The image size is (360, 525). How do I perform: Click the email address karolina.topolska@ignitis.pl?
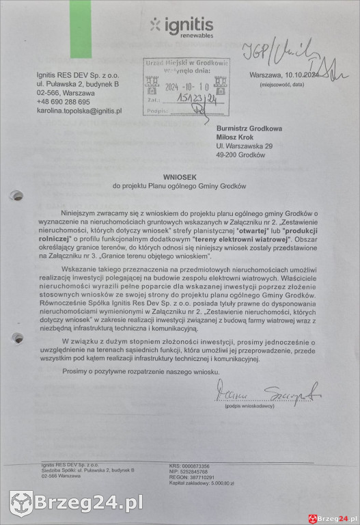(x=79, y=110)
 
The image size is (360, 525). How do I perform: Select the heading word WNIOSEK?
(x=180, y=176)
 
